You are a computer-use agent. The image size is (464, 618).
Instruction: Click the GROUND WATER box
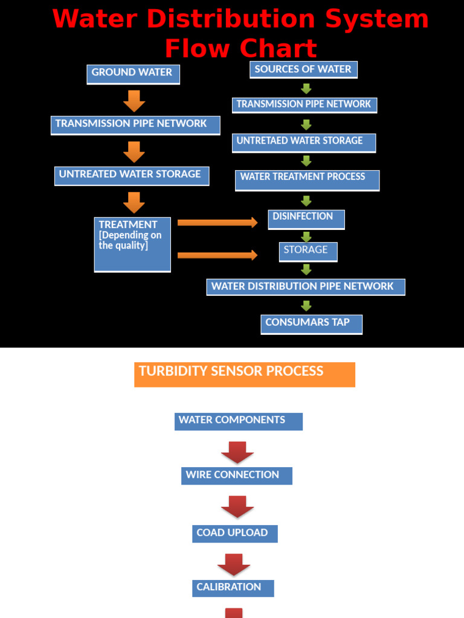(x=133, y=74)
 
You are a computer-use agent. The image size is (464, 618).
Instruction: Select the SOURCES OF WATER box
(x=303, y=70)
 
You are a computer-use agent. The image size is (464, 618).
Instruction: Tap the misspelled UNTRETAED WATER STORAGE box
(x=304, y=142)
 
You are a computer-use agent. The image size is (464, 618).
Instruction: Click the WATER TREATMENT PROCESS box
(x=307, y=180)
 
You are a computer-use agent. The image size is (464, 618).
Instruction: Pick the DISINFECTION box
(x=306, y=219)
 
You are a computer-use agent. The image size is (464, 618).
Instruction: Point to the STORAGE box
(x=308, y=252)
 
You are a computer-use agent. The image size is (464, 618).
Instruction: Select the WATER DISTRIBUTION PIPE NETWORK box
(x=305, y=287)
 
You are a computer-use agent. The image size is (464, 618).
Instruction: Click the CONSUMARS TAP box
(x=311, y=324)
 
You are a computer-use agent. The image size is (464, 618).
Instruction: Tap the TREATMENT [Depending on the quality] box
(x=132, y=244)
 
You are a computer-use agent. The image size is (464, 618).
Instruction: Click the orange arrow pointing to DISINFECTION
(x=217, y=223)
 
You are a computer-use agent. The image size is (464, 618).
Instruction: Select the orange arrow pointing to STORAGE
(x=217, y=255)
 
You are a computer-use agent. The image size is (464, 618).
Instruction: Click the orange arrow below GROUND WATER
(x=134, y=101)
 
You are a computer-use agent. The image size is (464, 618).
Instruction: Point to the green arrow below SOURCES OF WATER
(x=306, y=89)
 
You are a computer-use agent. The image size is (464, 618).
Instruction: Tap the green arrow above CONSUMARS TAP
(x=306, y=306)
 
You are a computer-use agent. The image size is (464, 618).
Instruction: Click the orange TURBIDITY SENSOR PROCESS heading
(x=244, y=374)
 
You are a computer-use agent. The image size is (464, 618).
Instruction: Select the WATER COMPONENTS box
(x=238, y=421)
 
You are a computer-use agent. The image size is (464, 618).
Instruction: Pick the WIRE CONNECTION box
(x=236, y=476)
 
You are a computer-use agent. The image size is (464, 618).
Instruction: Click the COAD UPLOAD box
(x=235, y=534)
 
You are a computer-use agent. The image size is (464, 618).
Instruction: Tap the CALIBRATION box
(x=233, y=588)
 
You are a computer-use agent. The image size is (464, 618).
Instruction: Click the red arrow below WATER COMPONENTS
(x=237, y=452)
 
